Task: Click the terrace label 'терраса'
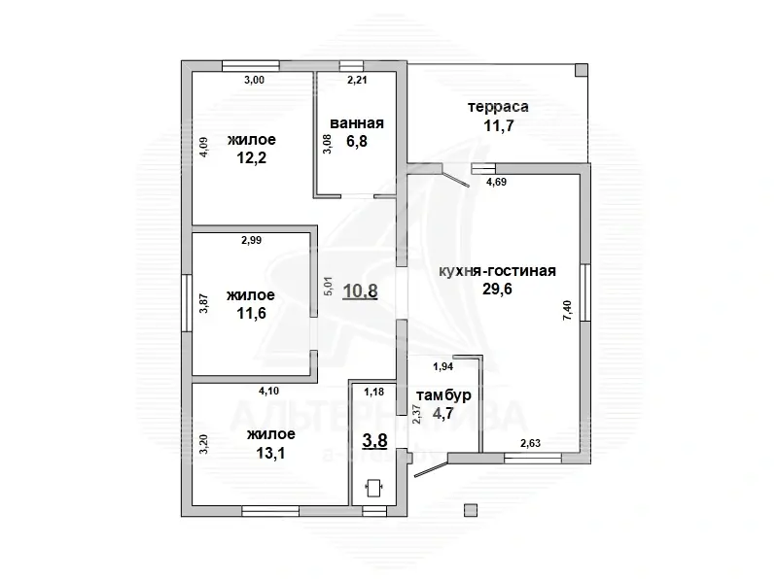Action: pos(497,107)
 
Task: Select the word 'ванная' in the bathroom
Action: pos(357,123)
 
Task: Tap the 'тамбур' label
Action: pos(443,395)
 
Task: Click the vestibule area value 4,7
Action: pos(443,413)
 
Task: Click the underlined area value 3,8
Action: pos(374,440)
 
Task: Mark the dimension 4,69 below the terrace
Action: pos(496,182)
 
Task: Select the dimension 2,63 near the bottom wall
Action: pos(531,444)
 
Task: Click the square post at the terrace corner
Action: pos(581,70)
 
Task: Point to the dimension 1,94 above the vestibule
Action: pos(442,366)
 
